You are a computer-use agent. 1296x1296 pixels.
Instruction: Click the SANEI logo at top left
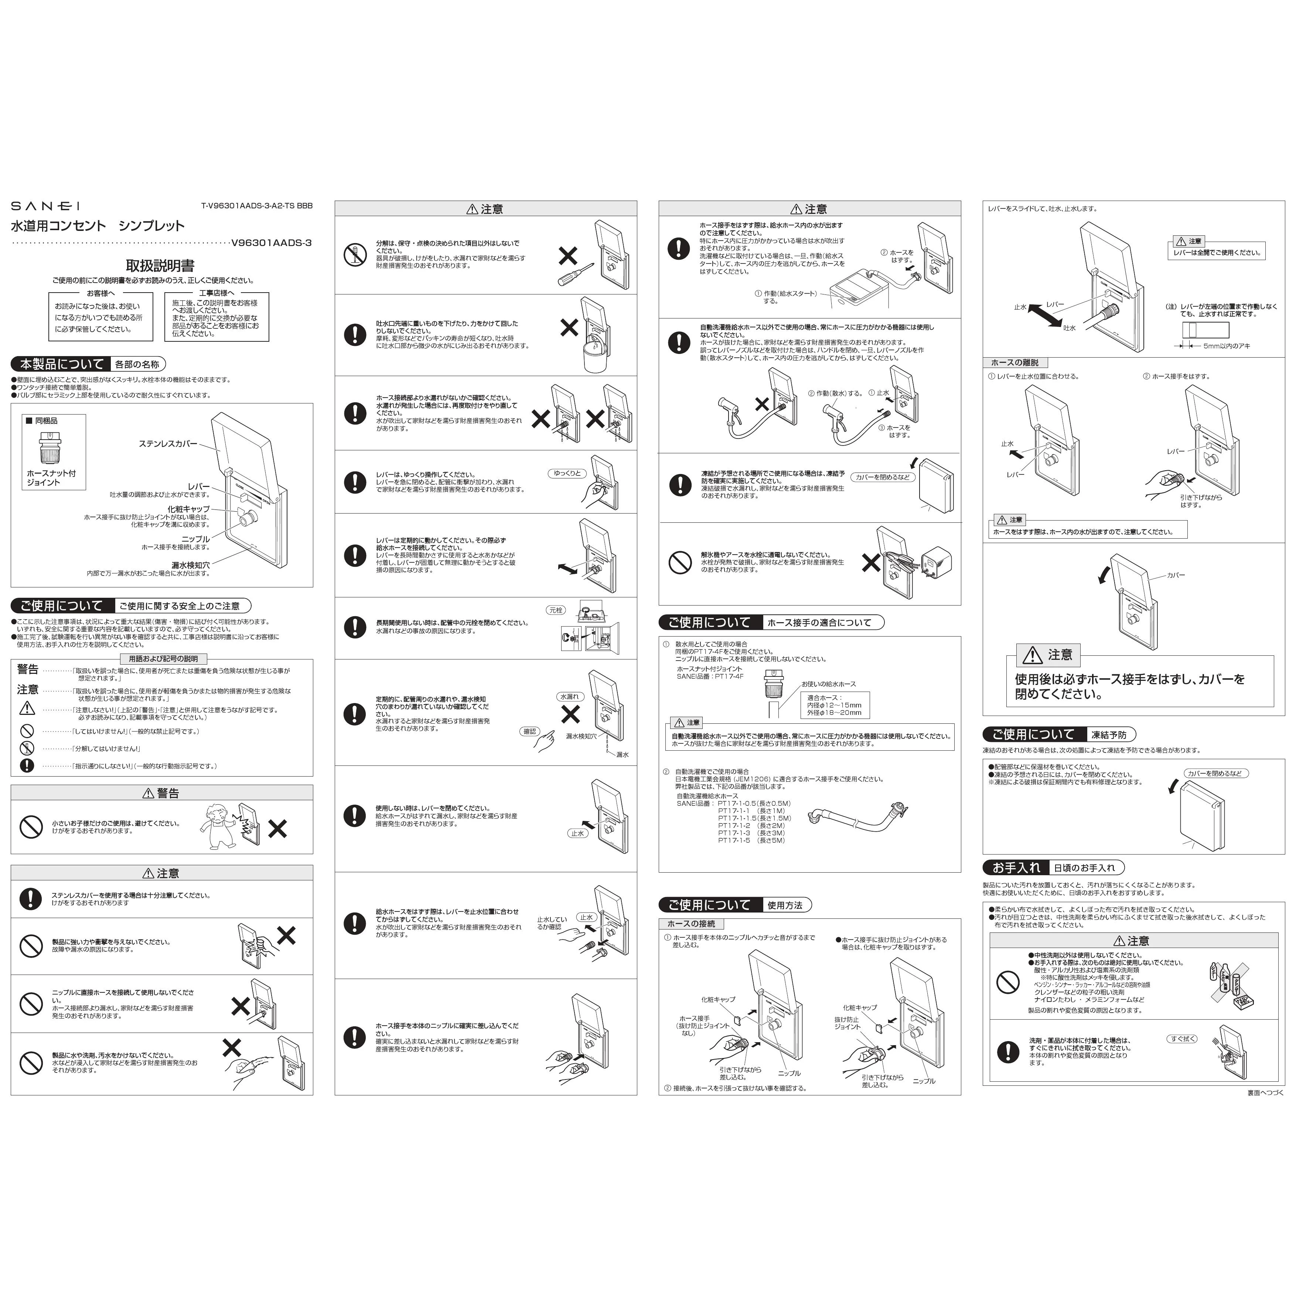tap(45, 206)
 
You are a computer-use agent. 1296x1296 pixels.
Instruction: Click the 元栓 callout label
tap(556, 610)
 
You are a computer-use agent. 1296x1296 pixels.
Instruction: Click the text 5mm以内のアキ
tap(1226, 346)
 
